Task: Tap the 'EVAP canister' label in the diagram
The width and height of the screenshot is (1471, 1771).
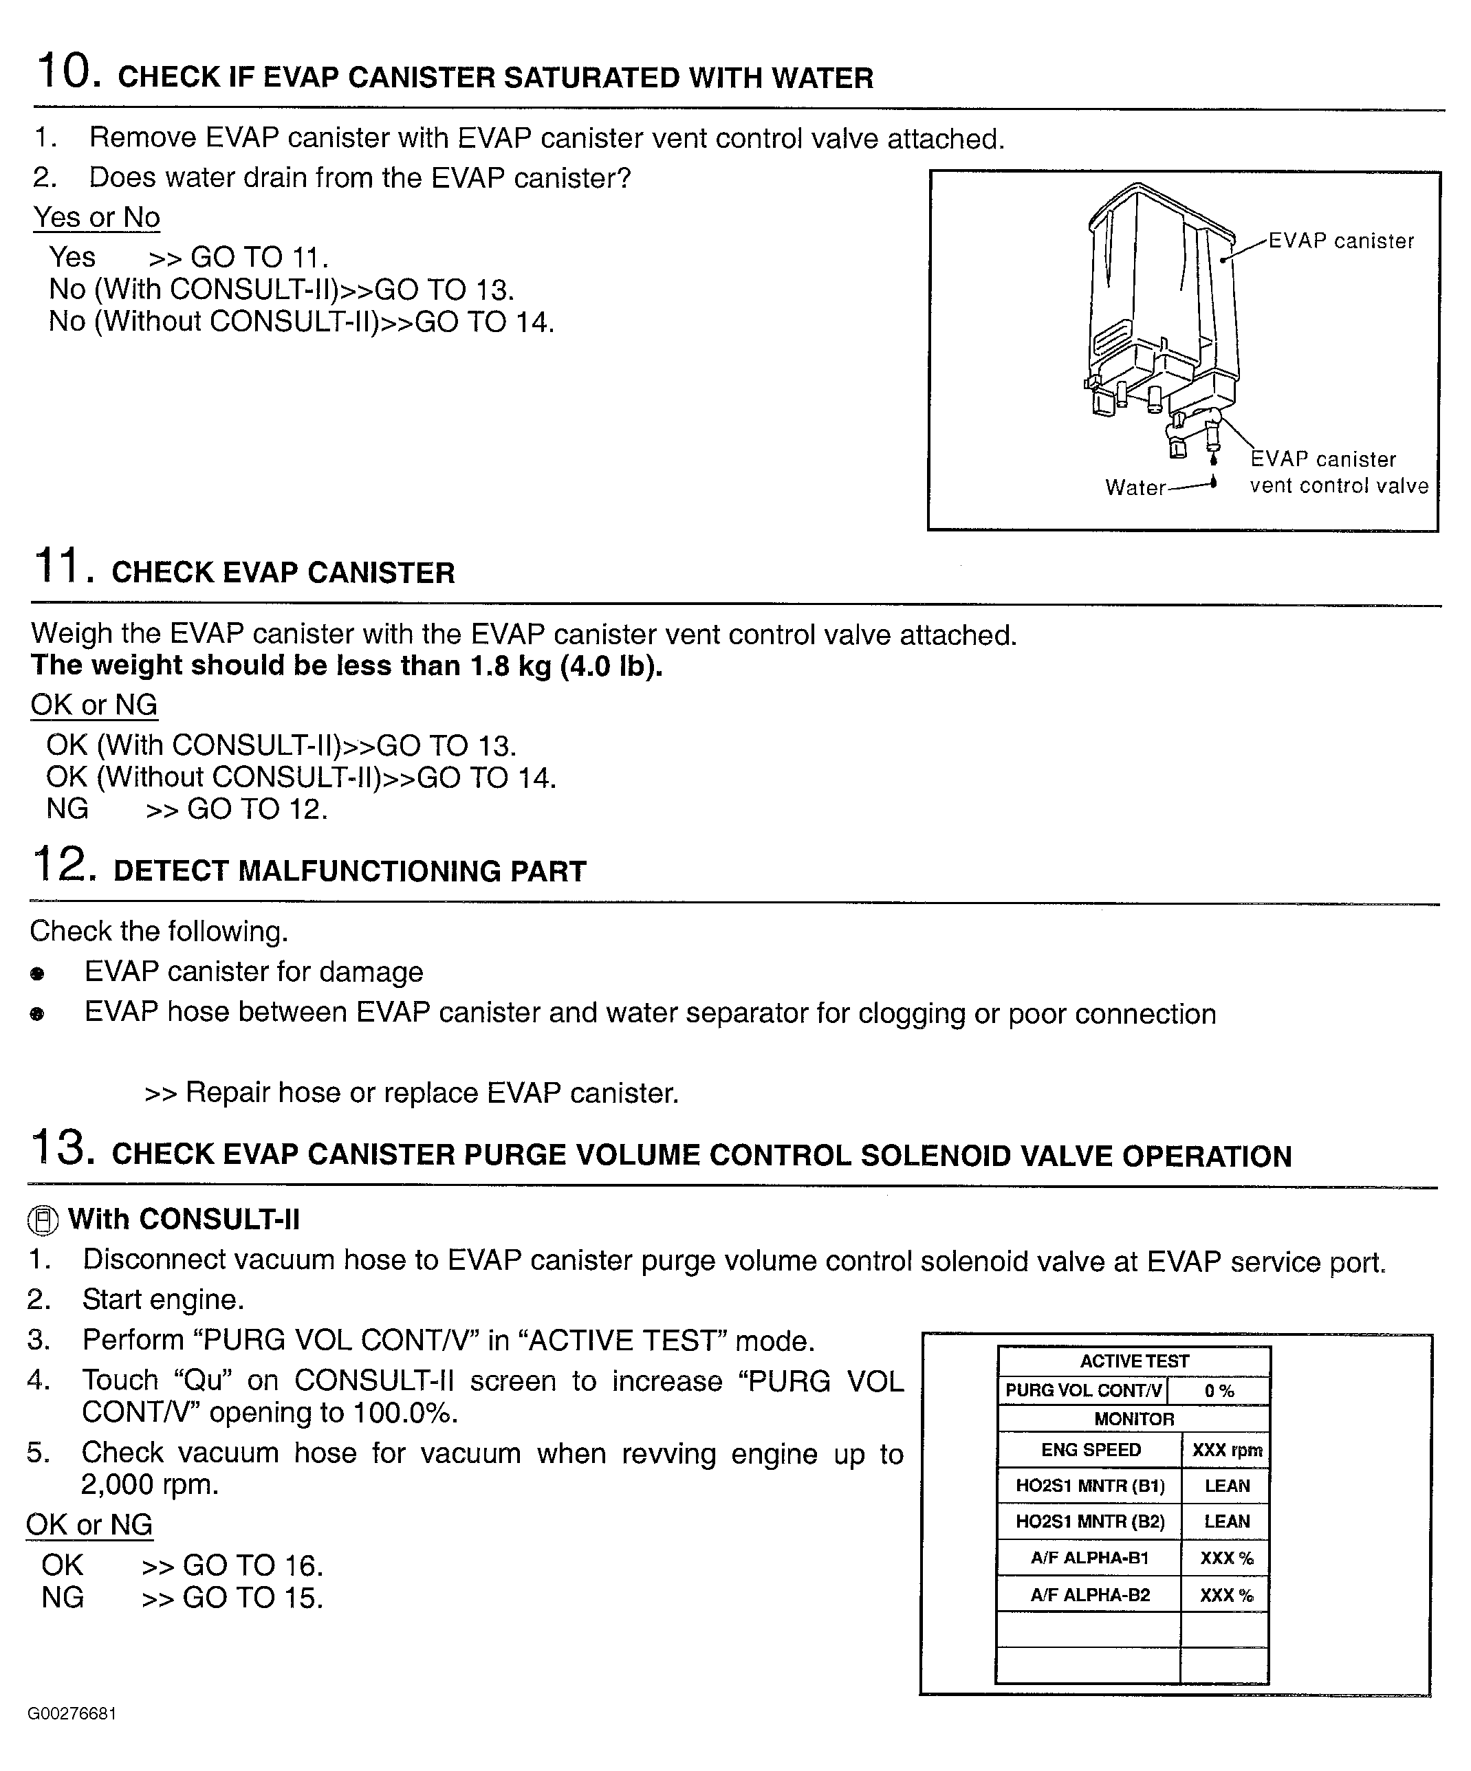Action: [1340, 241]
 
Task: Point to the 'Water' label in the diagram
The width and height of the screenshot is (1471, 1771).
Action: [1135, 487]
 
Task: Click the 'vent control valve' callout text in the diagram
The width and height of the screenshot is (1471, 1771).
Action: [1338, 486]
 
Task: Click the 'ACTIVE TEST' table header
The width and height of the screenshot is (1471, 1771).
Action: [1133, 1361]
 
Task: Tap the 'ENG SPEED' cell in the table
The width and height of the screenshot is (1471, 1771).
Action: [1090, 1450]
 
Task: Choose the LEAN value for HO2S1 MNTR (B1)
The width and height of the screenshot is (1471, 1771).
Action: [1226, 1486]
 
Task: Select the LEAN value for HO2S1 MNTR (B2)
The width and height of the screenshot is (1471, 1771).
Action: [1226, 1521]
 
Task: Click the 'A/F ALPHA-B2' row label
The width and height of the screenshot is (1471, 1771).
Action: [1090, 1595]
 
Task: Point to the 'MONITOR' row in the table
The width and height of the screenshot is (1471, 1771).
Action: [1133, 1419]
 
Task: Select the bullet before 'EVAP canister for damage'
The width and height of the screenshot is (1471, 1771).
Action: [37, 974]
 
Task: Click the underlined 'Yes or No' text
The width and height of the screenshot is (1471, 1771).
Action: [96, 217]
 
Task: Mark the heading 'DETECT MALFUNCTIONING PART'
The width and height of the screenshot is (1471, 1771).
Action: [349, 871]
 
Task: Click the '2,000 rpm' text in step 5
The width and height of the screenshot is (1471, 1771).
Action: [149, 1484]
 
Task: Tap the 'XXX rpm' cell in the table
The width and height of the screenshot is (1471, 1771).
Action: [1226, 1451]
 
